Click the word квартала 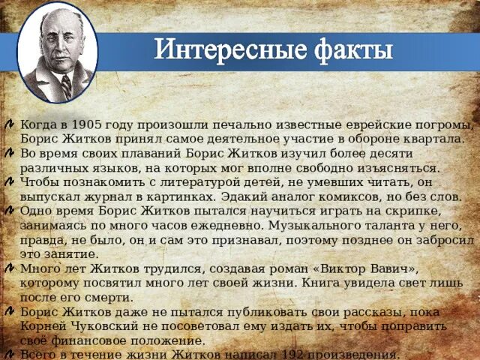[x=433, y=139]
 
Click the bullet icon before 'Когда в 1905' [x=7, y=124]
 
